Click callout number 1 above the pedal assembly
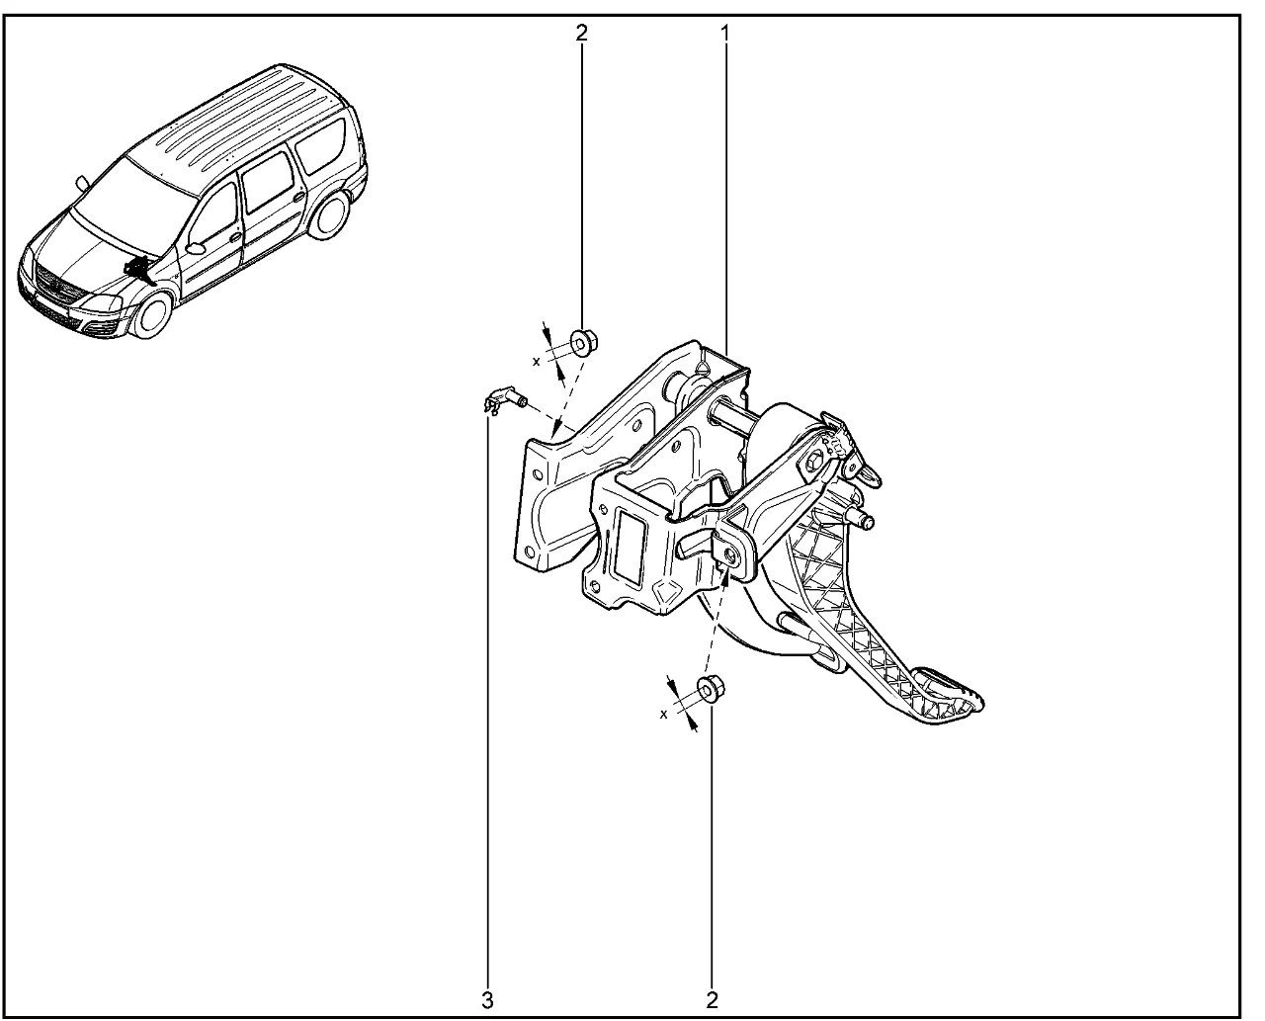724,33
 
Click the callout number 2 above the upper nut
581,33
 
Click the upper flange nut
583,343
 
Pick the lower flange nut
711,689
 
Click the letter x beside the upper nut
537,361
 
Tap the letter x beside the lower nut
663,714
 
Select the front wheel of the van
152,314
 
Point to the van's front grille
58,281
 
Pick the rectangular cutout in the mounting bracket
629,545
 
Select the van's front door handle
235,237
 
